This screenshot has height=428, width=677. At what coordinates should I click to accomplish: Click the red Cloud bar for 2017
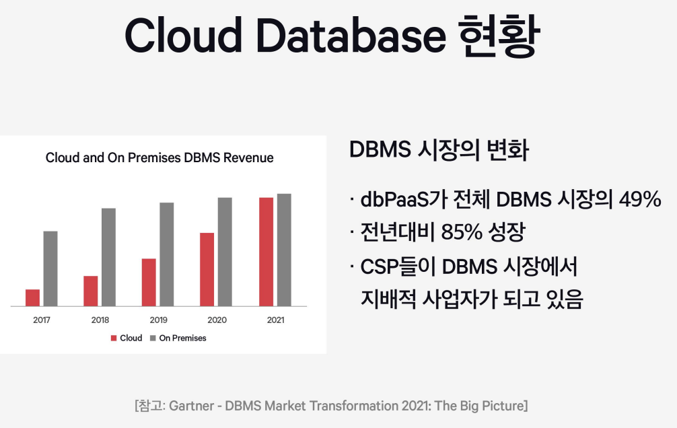pyautogui.click(x=32, y=297)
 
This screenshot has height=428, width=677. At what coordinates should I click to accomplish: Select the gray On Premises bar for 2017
pyautogui.click(x=50, y=269)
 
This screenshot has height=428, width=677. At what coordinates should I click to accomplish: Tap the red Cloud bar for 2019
pyautogui.click(x=149, y=283)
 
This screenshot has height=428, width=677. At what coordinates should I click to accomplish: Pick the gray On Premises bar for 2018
pyautogui.click(x=109, y=257)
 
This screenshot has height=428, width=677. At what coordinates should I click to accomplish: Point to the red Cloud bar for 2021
pyautogui.click(x=266, y=252)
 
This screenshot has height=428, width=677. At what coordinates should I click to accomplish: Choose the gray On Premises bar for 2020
pyautogui.click(x=225, y=252)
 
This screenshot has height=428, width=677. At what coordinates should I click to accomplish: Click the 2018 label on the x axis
pyautogui.click(x=100, y=320)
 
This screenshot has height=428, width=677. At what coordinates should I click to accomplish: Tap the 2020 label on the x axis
pyautogui.click(x=217, y=320)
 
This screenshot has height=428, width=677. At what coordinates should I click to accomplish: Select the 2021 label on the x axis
pyautogui.click(x=275, y=320)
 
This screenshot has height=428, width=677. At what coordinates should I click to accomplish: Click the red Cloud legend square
pyautogui.click(x=114, y=338)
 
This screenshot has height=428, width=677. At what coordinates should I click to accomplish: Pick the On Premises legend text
pyautogui.click(x=182, y=338)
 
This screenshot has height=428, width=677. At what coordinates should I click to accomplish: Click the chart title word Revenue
pyautogui.click(x=248, y=157)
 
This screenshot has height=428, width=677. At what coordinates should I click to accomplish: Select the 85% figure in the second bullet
pyautogui.click(x=462, y=232)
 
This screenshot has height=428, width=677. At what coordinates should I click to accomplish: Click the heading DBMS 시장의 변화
pyautogui.click(x=439, y=150)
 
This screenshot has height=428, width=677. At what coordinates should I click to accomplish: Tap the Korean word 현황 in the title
pyautogui.click(x=499, y=36)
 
